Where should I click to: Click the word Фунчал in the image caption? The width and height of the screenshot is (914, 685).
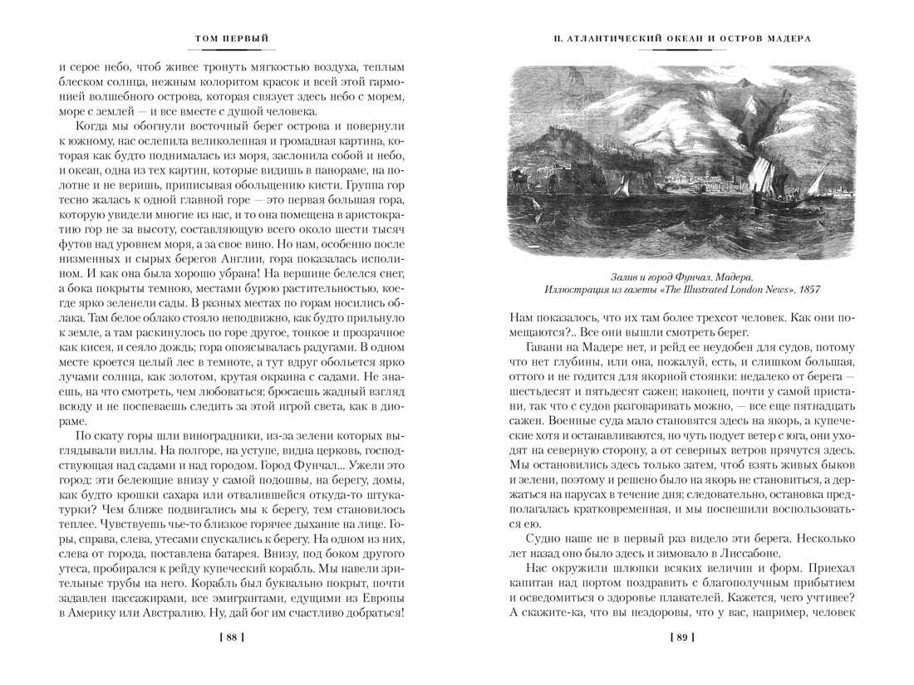point(679,275)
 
